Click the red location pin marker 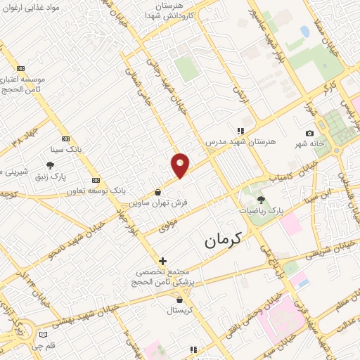(x=181, y=165)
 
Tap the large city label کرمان (x=223, y=240)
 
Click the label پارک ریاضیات (x=260, y=210)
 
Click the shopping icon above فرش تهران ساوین (x=157, y=192)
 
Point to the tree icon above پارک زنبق (x=50, y=165)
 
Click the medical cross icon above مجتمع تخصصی (x=162, y=261)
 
